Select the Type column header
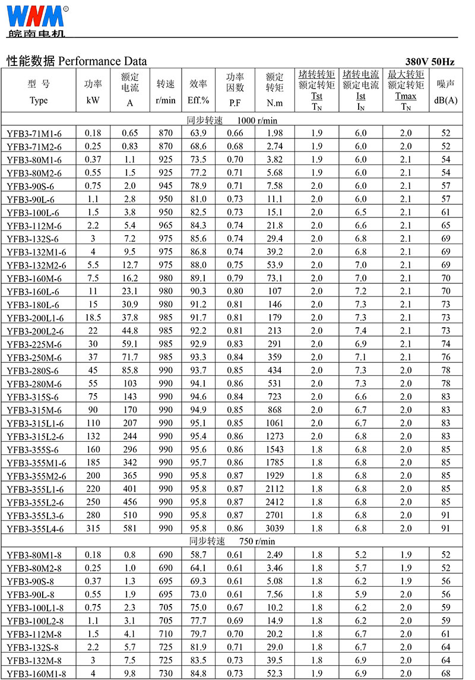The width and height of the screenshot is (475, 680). click(x=38, y=100)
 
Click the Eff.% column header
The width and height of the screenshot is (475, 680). click(x=198, y=100)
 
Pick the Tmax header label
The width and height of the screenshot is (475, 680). click(x=406, y=96)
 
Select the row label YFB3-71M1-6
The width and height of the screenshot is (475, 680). click(x=34, y=134)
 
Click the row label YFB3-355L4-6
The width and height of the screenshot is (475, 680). click(x=35, y=529)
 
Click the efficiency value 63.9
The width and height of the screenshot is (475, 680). click(x=198, y=133)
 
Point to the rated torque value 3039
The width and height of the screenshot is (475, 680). click(x=274, y=528)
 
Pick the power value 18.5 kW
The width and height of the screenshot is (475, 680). click(x=93, y=318)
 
